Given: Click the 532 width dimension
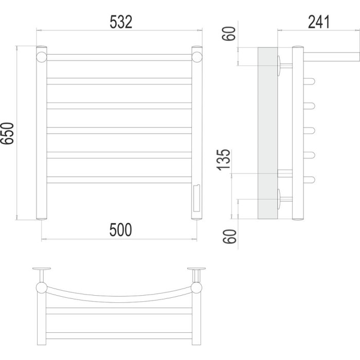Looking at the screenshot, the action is (121, 22).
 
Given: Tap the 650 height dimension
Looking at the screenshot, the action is (7, 133).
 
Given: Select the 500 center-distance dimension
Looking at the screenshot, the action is (120, 230).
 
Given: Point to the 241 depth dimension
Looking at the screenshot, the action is (319, 22).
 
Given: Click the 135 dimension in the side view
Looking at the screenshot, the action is (223, 160).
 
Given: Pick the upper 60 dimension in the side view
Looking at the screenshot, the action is (229, 34).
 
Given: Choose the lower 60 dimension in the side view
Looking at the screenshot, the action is (229, 237).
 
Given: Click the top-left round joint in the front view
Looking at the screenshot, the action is (42, 57).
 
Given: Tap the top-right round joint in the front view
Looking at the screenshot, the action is (197, 57).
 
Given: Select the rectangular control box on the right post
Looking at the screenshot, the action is (196, 198).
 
